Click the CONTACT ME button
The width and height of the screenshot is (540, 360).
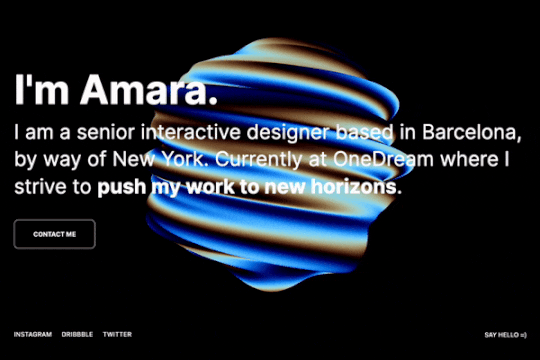pyautogui.click(x=54, y=234)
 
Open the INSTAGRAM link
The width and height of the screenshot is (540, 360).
pyautogui.click(x=33, y=334)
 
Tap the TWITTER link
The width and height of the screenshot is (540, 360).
pyautogui.click(x=117, y=334)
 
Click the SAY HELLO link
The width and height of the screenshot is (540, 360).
pyautogui.click(x=505, y=334)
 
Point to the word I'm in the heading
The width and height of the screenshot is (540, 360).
pyautogui.click(x=41, y=94)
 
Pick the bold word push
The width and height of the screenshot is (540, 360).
pyautogui.click(x=123, y=186)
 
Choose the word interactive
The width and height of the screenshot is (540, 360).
pyautogui.click(x=195, y=133)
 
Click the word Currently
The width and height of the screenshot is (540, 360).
pyautogui.click(x=269, y=159)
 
